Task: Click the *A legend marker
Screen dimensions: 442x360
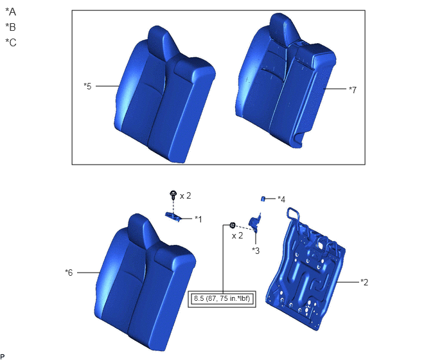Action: pos(11,12)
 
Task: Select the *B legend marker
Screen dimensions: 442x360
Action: pos(11,27)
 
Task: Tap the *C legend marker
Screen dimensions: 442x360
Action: pos(11,42)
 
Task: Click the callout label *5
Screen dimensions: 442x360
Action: pos(87,86)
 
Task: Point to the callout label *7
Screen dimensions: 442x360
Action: pos(353,90)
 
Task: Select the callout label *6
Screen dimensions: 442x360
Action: pos(69,273)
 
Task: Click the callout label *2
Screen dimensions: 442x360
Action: pos(364,282)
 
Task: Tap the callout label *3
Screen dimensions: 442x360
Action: pos(256,251)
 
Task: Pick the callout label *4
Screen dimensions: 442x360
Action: pos(281,199)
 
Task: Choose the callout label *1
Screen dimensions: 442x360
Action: pos(199,219)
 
